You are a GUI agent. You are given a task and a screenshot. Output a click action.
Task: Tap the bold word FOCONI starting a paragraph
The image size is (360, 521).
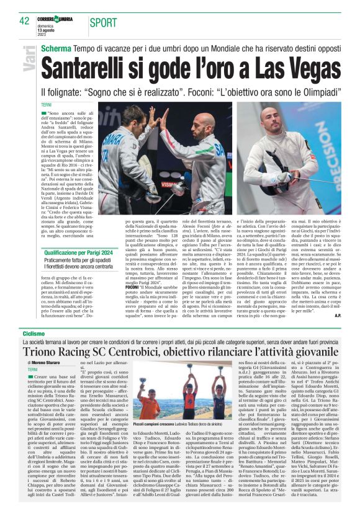(x=133, y=271)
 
